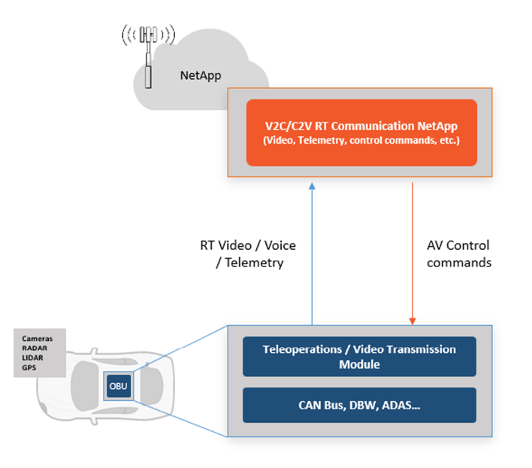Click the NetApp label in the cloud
[201, 75]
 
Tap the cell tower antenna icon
[148, 56]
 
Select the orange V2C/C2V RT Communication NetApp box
[361, 132]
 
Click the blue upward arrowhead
[312, 186]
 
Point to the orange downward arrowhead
[413, 321]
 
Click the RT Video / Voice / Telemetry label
[248, 254]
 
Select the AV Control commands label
[458, 254]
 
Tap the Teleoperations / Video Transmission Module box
[359, 357]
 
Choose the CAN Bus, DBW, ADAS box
[359, 405]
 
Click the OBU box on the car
[119, 386]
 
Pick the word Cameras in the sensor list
[38, 339]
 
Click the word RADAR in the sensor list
[35, 348]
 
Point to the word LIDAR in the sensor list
[32, 358]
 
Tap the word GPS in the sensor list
[29, 367]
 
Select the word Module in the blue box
[359, 364]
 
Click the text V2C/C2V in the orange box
[289, 126]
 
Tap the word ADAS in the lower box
[401, 405]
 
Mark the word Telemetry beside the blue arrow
[254, 263]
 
